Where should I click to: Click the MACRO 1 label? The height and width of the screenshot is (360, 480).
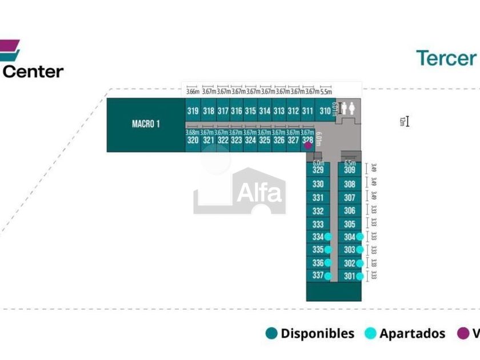pyautogui.click(x=146, y=124)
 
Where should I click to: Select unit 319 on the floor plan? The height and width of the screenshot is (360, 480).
pyautogui.click(x=193, y=111)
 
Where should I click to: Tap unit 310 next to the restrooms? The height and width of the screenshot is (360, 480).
pyautogui.click(x=325, y=111)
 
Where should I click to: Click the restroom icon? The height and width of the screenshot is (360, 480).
pyautogui.click(x=347, y=108)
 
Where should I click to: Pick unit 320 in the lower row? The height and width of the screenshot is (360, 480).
pyautogui.click(x=193, y=140)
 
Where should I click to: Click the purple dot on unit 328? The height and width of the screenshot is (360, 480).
pyautogui.click(x=308, y=145)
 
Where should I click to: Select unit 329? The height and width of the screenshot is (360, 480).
pyautogui.click(x=318, y=170)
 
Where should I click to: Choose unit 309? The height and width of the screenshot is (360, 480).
pyautogui.click(x=350, y=170)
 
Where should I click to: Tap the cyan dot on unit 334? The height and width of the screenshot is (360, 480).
pyautogui.click(x=328, y=237)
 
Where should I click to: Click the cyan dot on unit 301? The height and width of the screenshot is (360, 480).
pyautogui.click(x=359, y=277)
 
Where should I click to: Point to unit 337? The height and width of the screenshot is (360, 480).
pyautogui.click(x=318, y=275)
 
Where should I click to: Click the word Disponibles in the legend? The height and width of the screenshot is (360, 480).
pyautogui.click(x=317, y=334)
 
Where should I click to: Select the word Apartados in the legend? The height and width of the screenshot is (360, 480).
pyautogui.click(x=412, y=334)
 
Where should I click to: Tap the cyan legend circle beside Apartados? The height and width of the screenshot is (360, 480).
pyautogui.click(x=371, y=334)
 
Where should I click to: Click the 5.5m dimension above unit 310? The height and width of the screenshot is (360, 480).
pyautogui.click(x=326, y=91)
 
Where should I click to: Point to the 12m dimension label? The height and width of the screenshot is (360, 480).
pyautogui.click(x=402, y=121)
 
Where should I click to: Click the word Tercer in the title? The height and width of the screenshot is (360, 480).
pyautogui.click(x=446, y=58)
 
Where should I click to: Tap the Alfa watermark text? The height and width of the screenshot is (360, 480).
pyautogui.click(x=260, y=193)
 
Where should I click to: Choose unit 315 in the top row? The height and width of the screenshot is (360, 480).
pyautogui.click(x=250, y=111)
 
